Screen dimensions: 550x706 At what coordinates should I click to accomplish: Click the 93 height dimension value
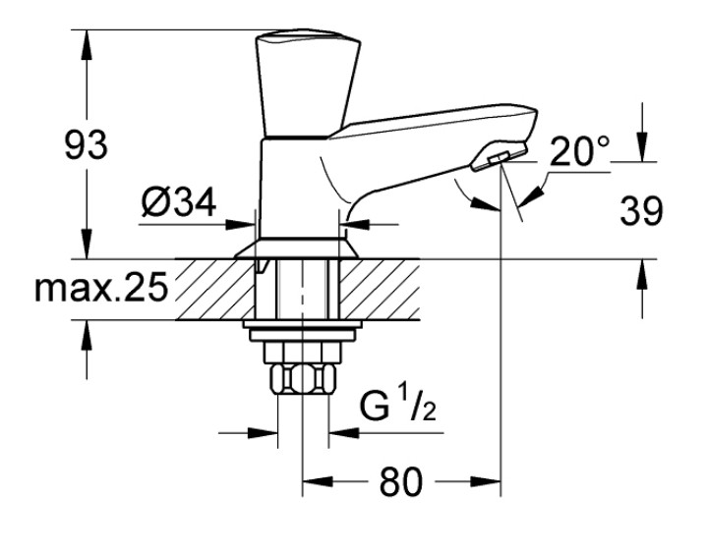click(87, 145)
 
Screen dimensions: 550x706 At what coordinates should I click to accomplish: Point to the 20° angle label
click(580, 150)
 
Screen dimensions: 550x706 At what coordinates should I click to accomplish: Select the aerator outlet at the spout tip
click(498, 157)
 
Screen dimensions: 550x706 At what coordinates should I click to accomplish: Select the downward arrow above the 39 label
click(641, 148)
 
